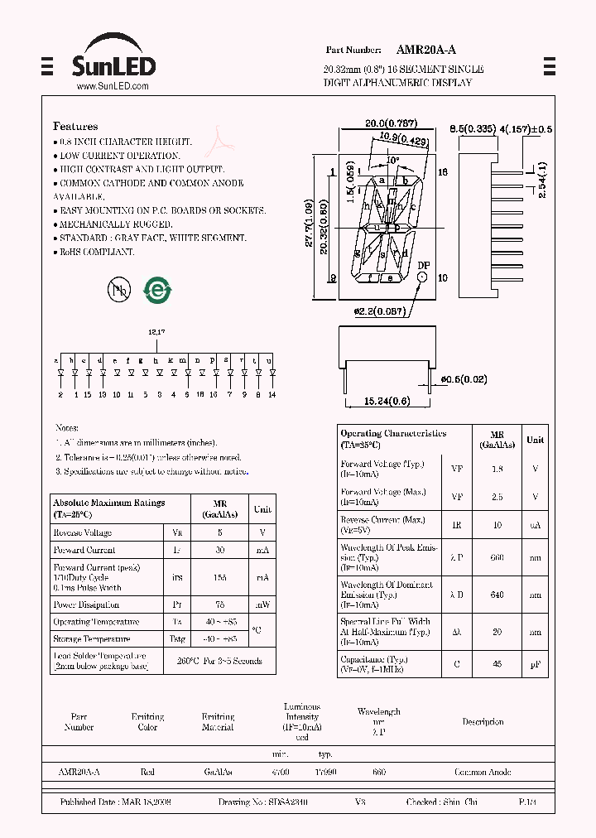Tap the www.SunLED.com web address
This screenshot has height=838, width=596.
[x=113, y=86]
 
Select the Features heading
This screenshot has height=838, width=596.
[x=75, y=127]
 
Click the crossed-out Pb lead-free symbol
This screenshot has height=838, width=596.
[x=118, y=289]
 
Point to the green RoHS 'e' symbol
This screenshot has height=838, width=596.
[x=155, y=289]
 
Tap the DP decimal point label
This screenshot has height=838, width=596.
[x=423, y=266]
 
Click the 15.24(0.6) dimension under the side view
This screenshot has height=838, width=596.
[x=387, y=402]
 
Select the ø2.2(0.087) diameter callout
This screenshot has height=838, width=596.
[x=377, y=311]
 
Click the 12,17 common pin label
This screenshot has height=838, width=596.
[x=157, y=331]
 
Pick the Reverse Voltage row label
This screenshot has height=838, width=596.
[x=82, y=532]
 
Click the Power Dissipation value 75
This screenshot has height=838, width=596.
[x=219, y=604]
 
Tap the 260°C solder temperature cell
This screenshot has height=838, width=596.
[x=219, y=661]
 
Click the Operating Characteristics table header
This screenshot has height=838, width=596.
[x=394, y=439]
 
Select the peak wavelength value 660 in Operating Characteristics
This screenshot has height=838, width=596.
[x=497, y=557]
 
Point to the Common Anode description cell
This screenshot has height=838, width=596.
[x=483, y=772]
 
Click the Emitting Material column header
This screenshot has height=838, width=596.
[x=218, y=721]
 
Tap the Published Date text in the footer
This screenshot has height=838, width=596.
[x=115, y=802]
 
